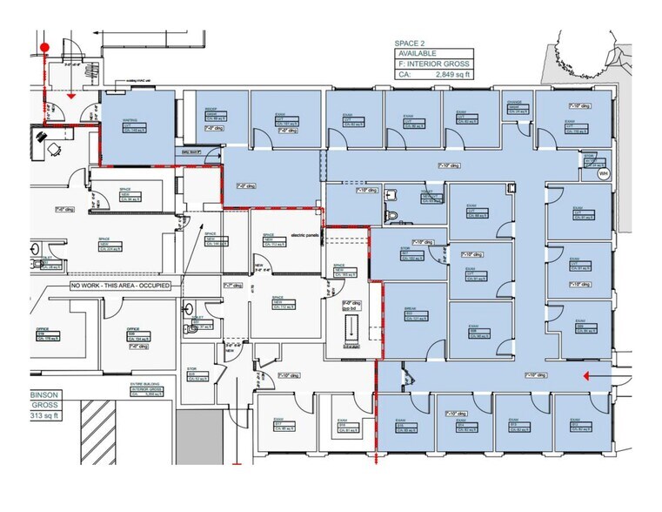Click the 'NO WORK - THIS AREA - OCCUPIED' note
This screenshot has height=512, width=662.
(121, 286)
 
